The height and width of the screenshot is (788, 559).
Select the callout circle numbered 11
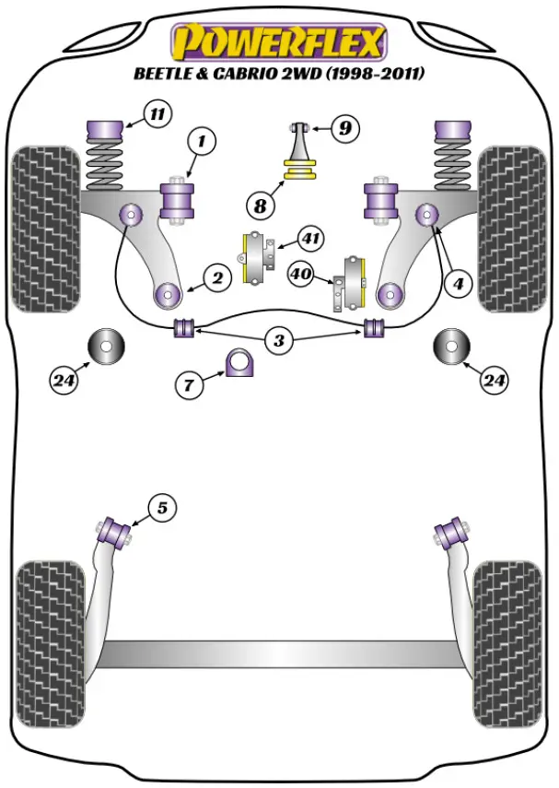click(157, 115)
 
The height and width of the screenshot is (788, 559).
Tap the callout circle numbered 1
click(201, 142)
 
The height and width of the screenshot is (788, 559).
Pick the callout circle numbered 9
click(344, 128)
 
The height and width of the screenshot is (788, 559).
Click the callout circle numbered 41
click(311, 241)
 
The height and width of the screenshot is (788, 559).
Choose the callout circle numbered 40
click(301, 273)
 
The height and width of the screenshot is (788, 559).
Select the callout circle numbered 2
click(217, 276)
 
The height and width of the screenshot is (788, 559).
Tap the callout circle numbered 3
click(279, 341)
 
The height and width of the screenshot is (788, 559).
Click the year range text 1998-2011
click(378, 74)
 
